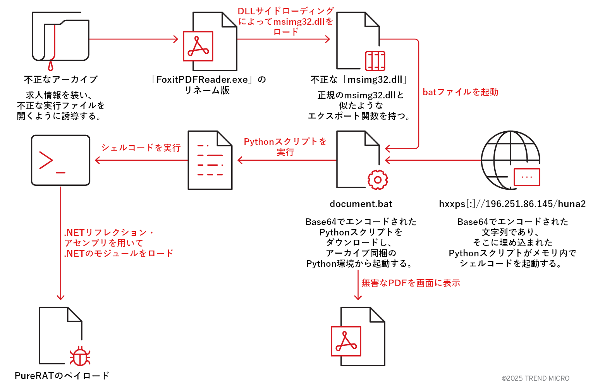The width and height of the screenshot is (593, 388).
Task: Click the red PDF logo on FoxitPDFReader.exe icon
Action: click(198, 46)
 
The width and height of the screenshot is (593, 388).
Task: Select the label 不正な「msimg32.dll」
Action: click(359, 80)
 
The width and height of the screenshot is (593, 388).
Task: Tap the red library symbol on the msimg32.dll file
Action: click(375, 61)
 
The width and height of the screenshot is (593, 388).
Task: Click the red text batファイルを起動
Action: click(460, 92)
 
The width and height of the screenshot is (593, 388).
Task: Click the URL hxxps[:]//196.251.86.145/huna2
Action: click(512, 204)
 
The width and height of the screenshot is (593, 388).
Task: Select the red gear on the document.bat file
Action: click(377, 180)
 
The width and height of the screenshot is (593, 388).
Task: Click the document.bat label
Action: click(361, 204)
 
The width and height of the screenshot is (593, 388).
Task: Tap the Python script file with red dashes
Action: click(210, 160)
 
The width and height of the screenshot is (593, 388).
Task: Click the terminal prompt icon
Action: click(60, 160)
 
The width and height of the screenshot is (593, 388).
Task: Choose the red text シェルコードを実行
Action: click(141, 148)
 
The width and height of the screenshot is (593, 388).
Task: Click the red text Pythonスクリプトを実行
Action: click(285, 147)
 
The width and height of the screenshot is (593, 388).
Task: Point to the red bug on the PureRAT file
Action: click(80, 356)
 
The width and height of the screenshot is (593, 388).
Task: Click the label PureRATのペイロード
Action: click(62, 376)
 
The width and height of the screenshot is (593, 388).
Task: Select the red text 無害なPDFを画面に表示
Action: click(411, 283)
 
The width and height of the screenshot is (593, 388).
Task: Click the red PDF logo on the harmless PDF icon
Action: click(346, 341)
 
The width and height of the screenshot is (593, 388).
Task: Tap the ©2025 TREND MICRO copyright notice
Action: click(535, 378)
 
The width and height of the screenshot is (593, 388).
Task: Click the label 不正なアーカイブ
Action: click(61, 80)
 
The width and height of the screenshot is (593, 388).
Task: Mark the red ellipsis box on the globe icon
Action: click(527, 177)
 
